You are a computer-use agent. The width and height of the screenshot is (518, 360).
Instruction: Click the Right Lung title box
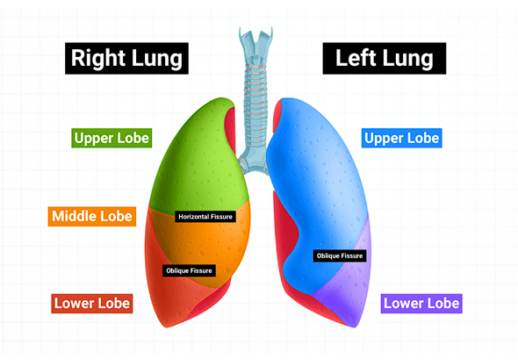[x=126, y=59]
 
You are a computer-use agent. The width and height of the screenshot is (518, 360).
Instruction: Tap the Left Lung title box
[x=385, y=59]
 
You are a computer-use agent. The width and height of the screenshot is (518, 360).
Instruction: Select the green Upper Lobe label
[x=112, y=138]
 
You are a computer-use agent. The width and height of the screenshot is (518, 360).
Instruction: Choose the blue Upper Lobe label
[x=402, y=138]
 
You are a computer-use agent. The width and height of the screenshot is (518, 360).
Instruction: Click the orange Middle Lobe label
[x=92, y=217]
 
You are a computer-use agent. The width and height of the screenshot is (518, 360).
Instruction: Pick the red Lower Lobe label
[x=92, y=304]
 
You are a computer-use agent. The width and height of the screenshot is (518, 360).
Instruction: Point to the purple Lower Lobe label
[x=421, y=304]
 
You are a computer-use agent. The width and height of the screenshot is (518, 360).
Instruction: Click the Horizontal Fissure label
[x=205, y=217]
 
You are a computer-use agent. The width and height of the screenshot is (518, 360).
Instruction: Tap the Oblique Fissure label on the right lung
[x=189, y=270]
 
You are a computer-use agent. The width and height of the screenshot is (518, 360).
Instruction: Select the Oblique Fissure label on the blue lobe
[x=340, y=256]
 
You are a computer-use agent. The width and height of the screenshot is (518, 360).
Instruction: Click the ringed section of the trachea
[x=255, y=105]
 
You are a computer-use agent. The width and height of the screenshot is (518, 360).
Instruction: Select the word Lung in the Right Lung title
[x=157, y=60]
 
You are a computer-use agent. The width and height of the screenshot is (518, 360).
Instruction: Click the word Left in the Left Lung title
[x=356, y=58]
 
